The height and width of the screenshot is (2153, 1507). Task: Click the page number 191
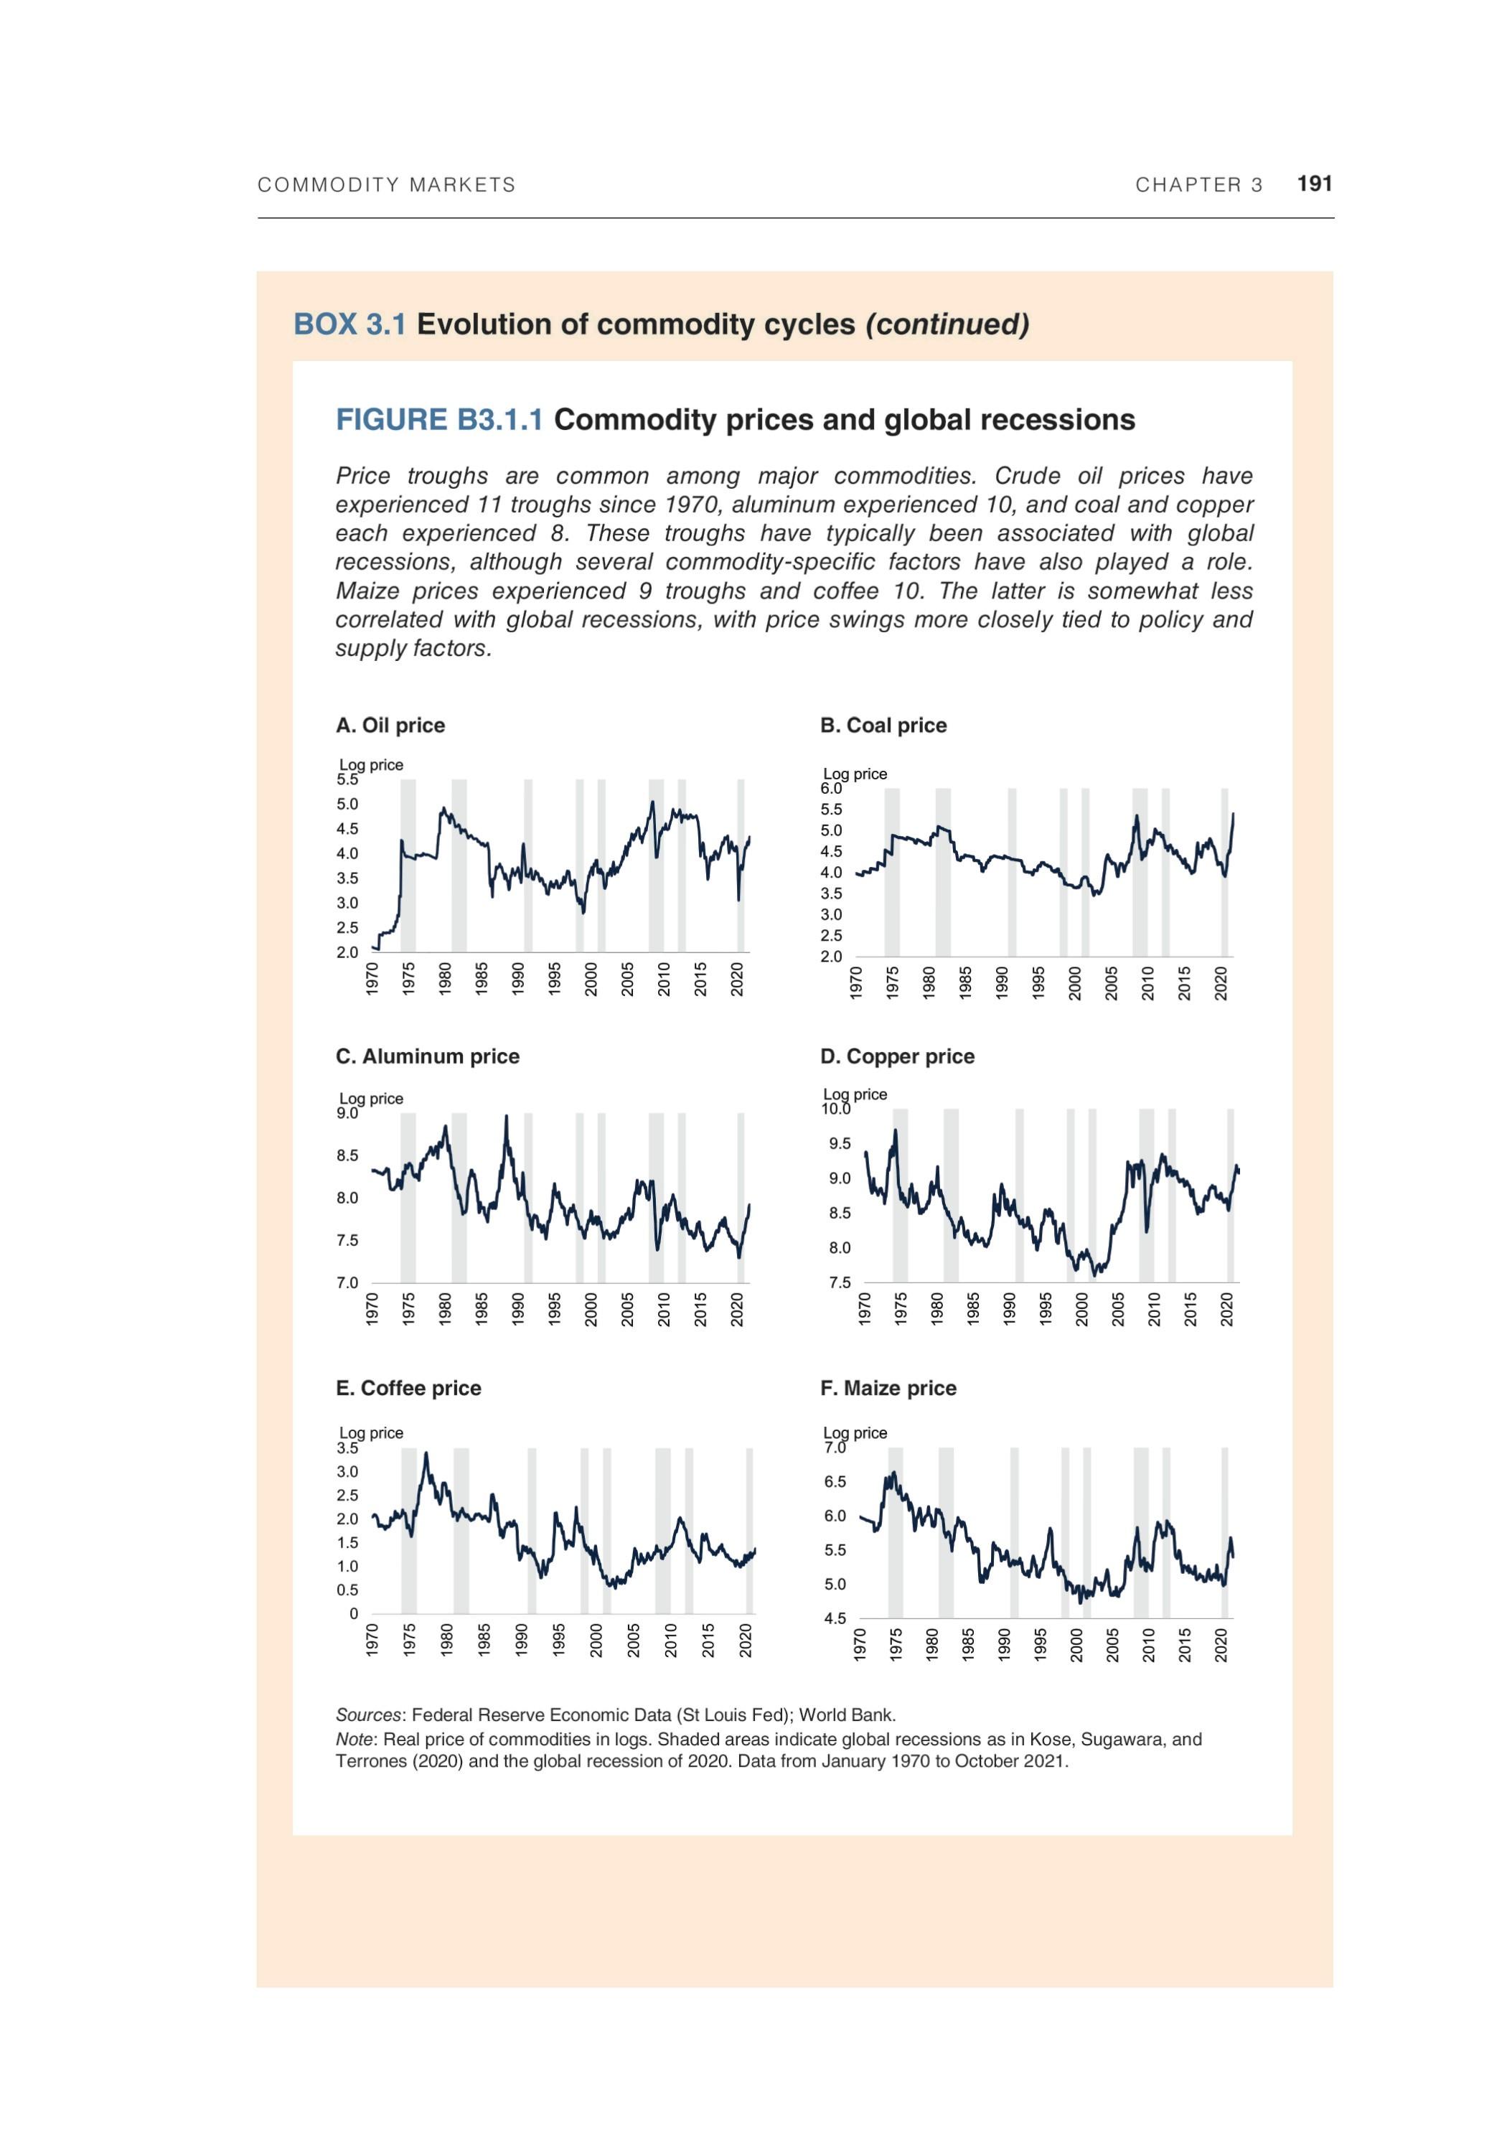point(1314,184)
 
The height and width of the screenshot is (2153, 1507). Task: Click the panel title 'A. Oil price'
point(390,725)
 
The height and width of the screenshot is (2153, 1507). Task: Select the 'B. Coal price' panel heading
point(883,725)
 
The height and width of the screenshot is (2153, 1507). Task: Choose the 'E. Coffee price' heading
point(408,1388)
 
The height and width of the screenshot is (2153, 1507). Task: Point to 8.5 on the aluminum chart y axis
point(347,1155)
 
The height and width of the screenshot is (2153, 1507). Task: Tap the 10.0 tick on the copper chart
point(835,1108)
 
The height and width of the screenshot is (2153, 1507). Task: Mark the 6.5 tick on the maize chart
point(834,1481)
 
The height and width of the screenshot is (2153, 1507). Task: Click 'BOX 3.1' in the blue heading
point(349,324)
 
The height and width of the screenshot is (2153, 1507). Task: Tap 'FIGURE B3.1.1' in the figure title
point(439,419)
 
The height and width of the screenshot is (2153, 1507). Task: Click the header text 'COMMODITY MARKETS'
point(386,184)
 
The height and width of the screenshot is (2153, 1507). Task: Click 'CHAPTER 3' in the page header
point(1198,184)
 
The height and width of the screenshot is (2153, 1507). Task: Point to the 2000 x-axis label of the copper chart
point(1081,1309)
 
